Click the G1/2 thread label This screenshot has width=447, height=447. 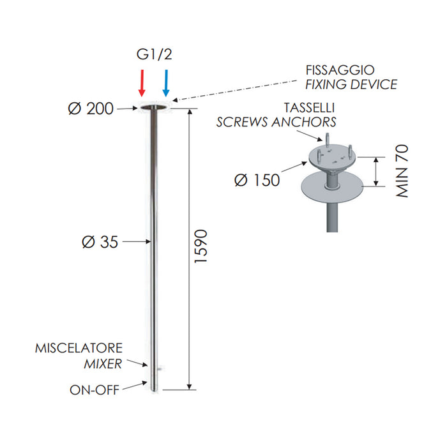pyautogui.click(x=155, y=54)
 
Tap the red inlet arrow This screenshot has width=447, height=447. pyautogui.click(x=142, y=83)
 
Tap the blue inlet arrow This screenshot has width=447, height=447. pyautogui.click(x=166, y=83)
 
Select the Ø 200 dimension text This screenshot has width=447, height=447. pyautogui.click(x=91, y=109)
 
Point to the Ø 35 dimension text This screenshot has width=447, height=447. pyautogui.click(x=100, y=242)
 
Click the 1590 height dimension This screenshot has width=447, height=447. pyautogui.click(x=201, y=246)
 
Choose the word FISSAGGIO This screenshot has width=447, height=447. pyautogui.click(x=340, y=70)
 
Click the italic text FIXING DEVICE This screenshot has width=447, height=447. pyautogui.click(x=351, y=84)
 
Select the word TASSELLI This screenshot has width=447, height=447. pyautogui.click(x=309, y=108)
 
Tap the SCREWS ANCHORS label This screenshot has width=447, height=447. pyautogui.click(x=277, y=122)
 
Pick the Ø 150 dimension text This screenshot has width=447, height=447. pyautogui.click(x=257, y=180)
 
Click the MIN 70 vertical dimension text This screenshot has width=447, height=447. pyautogui.click(x=402, y=171)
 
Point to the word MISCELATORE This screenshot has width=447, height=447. pyautogui.click(x=79, y=348)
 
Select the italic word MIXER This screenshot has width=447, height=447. pyautogui.click(x=103, y=364)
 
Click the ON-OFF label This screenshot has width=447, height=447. pyautogui.click(x=95, y=390)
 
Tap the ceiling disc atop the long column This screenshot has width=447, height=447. pyautogui.click(x=154, y=107)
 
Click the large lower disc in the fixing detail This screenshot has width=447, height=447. pyautogui.click(x=333, y=187)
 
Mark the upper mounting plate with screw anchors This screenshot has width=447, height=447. pyautogui.click(x=333, y=157)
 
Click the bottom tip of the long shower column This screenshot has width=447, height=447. pyautogui.click(x=154, y=391)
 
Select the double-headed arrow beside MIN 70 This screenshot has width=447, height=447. pyautogui.click(x=376, y=172)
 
